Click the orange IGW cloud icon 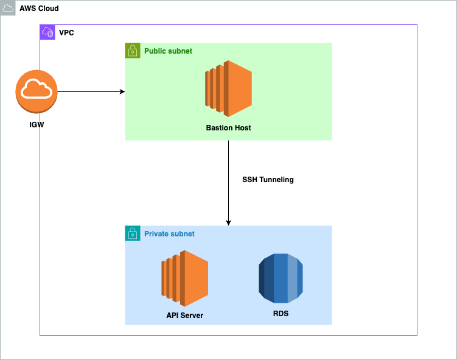click(x=36, y=91)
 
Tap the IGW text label click(x=37, y=125)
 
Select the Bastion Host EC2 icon click(x=228, y=89)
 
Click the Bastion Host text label click(x=228, y=128)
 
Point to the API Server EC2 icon click(x=185, y=278)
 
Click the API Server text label click(x=185, y=316)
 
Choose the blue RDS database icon click(x=281, y=278)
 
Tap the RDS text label click(x=281, y=314)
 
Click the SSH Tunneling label click(x=268, y=180)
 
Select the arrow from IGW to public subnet click(x=91, y=92)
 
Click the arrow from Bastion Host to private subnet click(x=228, y=183)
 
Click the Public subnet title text click(x=168, y=51)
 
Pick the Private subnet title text click(x=169, y=234)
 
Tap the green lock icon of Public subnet click(x=133, y=51)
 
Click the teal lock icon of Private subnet click(x=133, y=233)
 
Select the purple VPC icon click(x=47, y=32)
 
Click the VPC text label click(x=66, y=32)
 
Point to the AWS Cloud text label click(x=39, y=9)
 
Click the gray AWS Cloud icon click(x=8, y=8)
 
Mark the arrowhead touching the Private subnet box click(x=228, y=222)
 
